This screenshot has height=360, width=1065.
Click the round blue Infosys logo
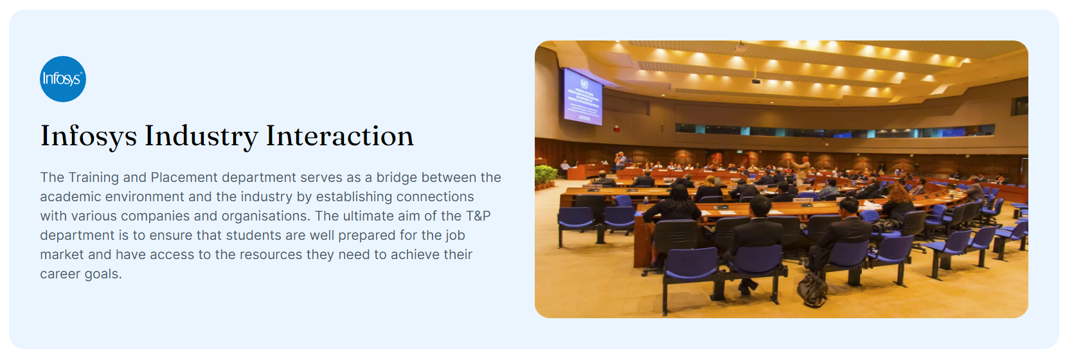tap(63, 79)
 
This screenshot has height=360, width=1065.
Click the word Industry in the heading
tap(201, 137)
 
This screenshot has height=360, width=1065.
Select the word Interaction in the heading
tap(339, 136)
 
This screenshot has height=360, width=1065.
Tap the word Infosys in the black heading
tap(89, 136)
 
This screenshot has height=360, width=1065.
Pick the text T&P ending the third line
tap(478, 216)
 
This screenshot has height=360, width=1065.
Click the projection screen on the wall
tap(583, 97)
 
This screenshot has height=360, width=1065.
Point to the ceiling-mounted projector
tap(755, 81)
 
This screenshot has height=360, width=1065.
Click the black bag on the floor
tap(812, 290)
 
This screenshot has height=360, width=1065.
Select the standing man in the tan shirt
tap(801, 170)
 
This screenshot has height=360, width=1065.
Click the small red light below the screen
tap(616, 129)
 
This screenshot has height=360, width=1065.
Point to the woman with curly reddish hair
tap(898, 203)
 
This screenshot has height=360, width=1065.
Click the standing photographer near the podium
tap(620, 160)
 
